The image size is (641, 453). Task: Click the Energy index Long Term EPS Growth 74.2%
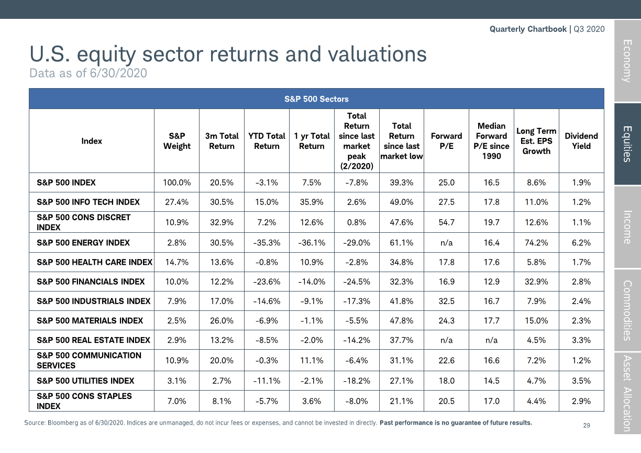pyautogui.click(x=536, y=243)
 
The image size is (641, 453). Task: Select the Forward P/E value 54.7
pyautogui.click(x=446, y=222)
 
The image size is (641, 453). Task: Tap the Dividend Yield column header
pyautogui.click(x=581, y=141)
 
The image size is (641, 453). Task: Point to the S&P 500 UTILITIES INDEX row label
pyautogui.click(x=85, y=381)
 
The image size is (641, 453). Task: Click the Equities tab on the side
pyautogui.click(x=627, y=144)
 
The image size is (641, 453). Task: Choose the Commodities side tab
pyautogui.click(x=627, y=310)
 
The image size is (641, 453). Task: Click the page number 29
pyautogui.click(x=587, y=426)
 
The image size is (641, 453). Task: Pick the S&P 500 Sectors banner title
pyautogui.click(x=316, y=99)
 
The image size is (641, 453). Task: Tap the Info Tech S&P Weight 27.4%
pyautogui.click(x=176, y=202)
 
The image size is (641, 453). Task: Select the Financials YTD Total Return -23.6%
pyautogui.click(x=267, y=282)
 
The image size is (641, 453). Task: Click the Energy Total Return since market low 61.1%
pyautogui.click(x=402, y=243)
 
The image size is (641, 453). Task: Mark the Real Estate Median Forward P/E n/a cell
pyautogui.click(x=491, y=340)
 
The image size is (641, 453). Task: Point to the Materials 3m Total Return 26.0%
pyautogui.click(x=222, y=320)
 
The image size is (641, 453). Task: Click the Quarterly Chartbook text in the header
pyautogui.click(x=528, y=29)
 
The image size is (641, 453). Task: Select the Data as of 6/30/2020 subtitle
pyautogui.click(x=88, y=73)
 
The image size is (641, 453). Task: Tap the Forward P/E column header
pyautogui.click(x=446, y=141)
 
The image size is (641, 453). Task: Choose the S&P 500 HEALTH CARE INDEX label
pyautogui.click(x=94, y=262)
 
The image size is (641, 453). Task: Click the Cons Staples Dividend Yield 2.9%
pyautogui.click(x=581, y=401)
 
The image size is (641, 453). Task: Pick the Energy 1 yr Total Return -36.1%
pyautogui.click(x=312, y=243)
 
